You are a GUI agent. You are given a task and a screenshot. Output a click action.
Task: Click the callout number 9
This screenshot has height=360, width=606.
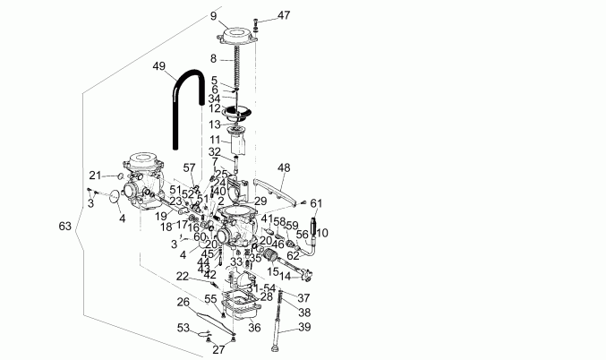213,16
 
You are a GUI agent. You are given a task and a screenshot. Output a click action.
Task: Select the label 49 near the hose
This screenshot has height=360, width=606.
159,66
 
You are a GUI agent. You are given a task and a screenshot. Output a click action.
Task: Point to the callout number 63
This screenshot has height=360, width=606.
64,227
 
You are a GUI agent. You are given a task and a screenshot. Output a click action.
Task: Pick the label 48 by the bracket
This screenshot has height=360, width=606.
284,167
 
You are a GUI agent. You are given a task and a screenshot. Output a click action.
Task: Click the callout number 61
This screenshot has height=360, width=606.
316,203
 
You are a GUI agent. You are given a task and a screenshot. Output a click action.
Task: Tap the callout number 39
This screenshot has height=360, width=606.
304,327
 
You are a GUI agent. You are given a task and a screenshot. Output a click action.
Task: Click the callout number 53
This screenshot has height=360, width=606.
183,329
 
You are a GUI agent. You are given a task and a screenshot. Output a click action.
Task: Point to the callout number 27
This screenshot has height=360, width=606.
218,349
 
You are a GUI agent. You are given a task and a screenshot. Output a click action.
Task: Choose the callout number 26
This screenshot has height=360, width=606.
183,302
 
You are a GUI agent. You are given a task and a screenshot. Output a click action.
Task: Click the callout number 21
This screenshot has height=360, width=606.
95,175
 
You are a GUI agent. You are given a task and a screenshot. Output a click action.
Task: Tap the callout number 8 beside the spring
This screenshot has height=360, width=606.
213,58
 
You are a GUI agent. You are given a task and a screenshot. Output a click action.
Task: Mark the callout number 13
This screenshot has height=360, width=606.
215,124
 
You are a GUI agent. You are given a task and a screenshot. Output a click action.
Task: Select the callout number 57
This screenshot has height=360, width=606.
189,167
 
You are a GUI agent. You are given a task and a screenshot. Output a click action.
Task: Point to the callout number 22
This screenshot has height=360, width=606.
183,277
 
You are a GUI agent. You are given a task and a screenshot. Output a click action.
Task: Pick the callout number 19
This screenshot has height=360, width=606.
159,216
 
